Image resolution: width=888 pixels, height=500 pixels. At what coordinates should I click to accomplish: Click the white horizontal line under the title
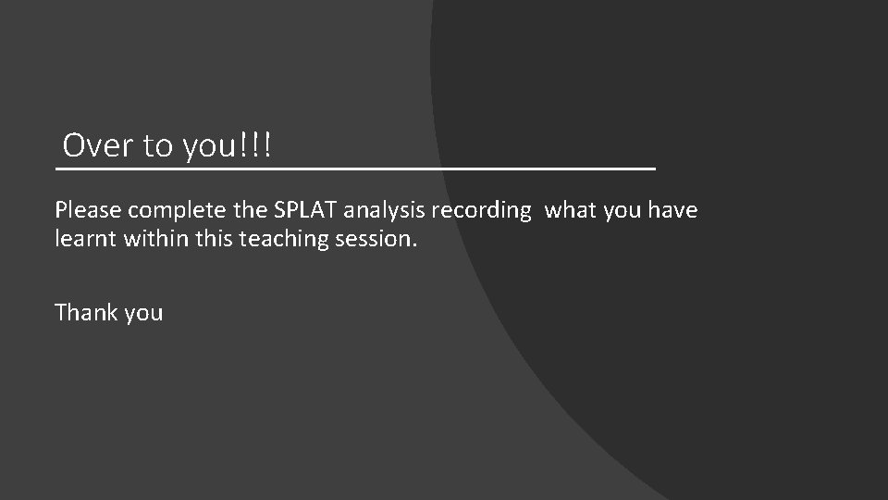pos(355,169)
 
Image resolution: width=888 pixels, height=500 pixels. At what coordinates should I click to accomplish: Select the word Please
pos(87,211)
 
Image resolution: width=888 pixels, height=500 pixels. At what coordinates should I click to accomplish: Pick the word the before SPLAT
pos(253,211)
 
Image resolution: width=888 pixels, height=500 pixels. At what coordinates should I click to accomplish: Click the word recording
pos(481,211)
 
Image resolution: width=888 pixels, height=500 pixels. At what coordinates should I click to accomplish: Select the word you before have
pos(623,211)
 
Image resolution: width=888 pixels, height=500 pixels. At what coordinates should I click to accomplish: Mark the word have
pos(673,211)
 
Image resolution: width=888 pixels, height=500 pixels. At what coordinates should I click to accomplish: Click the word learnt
pos(83,239)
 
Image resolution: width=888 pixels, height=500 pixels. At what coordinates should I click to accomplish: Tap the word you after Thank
pos(143,314)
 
